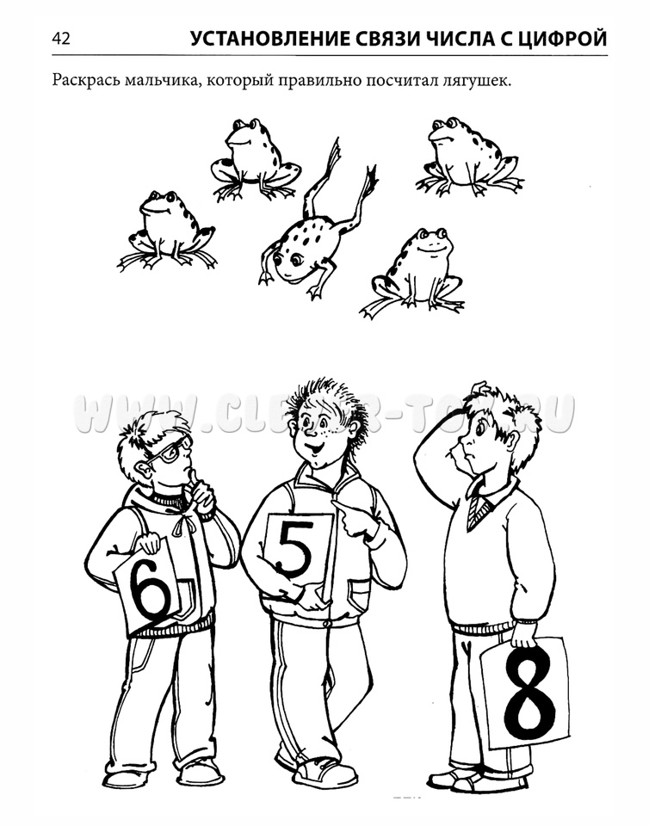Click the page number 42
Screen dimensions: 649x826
(x=60, y=39)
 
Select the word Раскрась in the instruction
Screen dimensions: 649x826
(x=85, y=81)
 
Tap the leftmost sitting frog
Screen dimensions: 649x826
(x=167, y=231)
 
